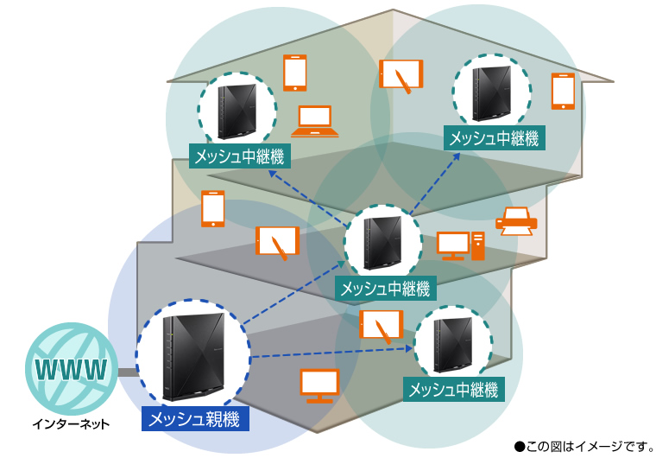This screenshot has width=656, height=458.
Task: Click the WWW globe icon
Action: (x=72, y=370)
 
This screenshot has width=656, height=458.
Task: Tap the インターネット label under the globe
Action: (x=72, y=424)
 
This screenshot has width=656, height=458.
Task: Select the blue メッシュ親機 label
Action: (x=197, y=420)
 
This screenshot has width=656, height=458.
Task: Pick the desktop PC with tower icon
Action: (x=461, y=245)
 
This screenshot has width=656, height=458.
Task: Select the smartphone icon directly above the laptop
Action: (x=295, y=73)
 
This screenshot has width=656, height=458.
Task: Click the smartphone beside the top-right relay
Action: (x=563, y=91)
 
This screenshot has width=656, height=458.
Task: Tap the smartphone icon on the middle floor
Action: (x=212, y=209)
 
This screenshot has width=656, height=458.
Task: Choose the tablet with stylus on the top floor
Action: (x=401, y=75)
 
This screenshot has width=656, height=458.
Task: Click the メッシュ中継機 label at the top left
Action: (x=240, y=156)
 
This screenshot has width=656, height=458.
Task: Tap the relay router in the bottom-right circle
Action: (x=453, y=345)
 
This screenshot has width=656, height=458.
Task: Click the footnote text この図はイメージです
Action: (x=583, y=446)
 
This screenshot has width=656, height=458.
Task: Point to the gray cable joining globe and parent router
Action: (x=127, y=372)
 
